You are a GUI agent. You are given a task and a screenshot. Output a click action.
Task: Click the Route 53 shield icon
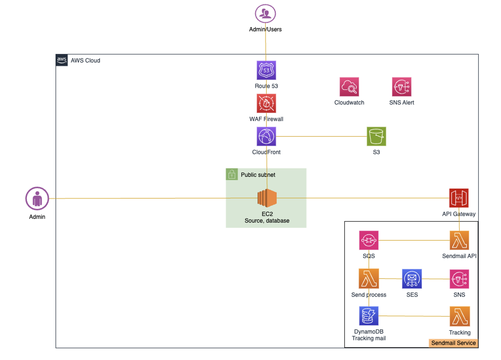[266, 70]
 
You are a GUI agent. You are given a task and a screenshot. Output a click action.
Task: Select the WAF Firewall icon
[266, 103]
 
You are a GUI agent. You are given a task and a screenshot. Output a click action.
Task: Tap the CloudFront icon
[266, 136]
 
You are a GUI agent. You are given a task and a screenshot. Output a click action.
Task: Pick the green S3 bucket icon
[376, 136]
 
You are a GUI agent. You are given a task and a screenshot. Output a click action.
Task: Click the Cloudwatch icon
[349, 87]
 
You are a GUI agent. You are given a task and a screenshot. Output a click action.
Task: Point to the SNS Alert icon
[402, 87]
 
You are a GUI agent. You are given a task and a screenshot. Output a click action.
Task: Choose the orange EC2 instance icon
[267, 198]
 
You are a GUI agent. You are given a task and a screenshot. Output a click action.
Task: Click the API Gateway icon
[459, 198]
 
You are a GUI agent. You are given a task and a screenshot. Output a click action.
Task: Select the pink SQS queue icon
[369, 240]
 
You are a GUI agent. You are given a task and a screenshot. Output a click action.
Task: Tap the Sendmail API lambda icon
[459, 240]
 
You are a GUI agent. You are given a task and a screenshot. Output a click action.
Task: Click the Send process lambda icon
[369, 279]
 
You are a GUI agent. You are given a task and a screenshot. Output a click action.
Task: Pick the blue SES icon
[412, 279]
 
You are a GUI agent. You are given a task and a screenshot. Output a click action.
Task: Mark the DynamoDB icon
[369, 316]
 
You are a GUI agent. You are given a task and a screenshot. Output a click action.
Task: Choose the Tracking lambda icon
[460, 316]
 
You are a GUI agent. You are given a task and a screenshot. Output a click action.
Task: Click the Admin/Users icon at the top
[265, 14]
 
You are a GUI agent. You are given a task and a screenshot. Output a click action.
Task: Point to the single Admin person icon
[37, 199]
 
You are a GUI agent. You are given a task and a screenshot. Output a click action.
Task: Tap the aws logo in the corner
[62, 60]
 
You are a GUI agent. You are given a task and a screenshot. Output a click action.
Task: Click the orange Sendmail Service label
[453, 343]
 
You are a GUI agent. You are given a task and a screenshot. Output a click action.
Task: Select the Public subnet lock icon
[232, 174]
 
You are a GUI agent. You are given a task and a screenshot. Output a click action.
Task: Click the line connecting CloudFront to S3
[321, 137]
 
